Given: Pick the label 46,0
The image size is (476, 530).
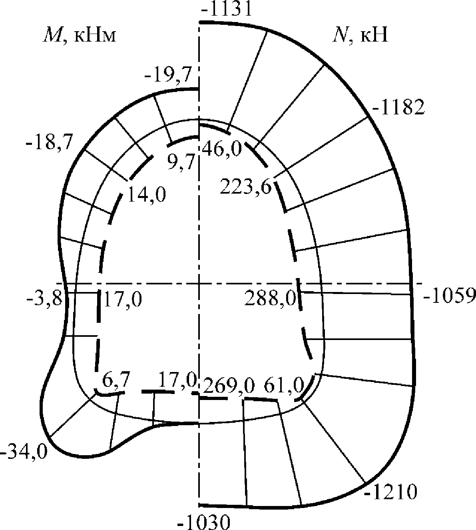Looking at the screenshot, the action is coord(222,149).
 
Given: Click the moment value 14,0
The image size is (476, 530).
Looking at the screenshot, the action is coord(147,195).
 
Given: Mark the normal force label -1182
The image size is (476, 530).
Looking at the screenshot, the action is coord(398,108).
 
